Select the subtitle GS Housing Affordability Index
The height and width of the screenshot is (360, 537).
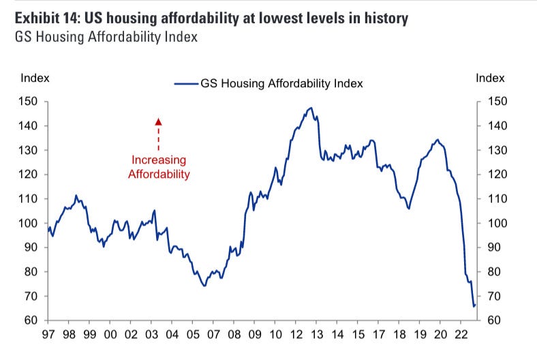pos(106,37)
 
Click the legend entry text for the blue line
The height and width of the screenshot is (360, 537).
pos(281,84)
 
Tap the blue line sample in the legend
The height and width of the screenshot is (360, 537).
pos(185,84)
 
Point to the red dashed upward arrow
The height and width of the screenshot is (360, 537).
pos(158,134)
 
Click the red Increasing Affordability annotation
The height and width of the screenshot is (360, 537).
pos(158,167)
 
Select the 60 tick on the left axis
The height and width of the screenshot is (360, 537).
pos(33,320)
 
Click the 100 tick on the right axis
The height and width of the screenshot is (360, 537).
pos(497,223)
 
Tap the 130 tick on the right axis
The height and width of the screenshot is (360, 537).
pos(497,150)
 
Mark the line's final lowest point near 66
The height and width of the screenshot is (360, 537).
pos(474,306)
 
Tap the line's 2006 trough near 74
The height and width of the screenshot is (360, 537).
pos(204,286)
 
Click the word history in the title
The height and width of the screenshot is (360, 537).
pos(386,18)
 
